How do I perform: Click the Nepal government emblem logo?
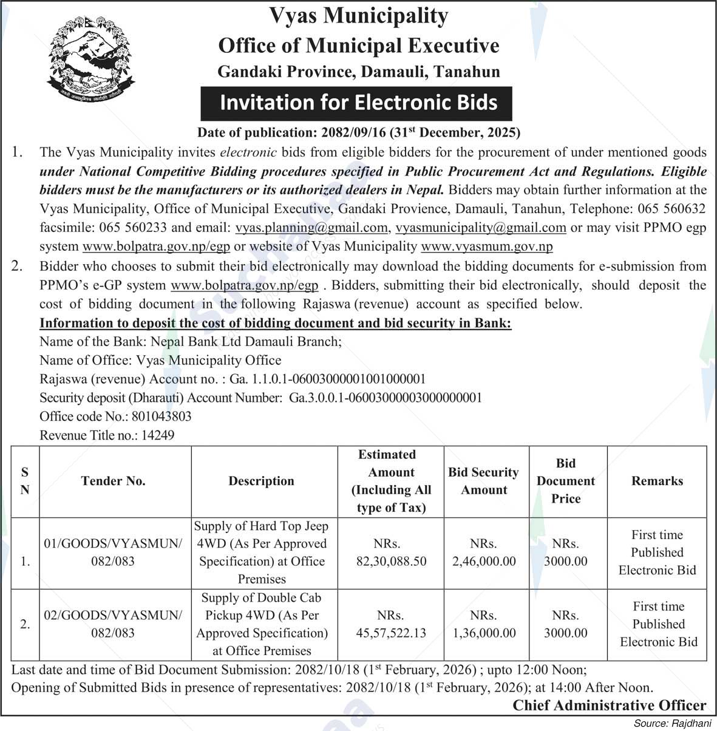(90, 59)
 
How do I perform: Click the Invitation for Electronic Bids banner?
(358, 103)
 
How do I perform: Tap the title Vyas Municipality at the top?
(358, 16)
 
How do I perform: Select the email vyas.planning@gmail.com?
(311, 228)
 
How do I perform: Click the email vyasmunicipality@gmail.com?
(481, 228)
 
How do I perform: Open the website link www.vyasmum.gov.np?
(486, 246)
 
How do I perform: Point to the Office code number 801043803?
(158, 416)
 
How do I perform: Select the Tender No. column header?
(114, 481)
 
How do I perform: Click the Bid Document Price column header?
(566, 481)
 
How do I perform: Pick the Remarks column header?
(657, 481)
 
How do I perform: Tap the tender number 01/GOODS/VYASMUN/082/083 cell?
(113, 552)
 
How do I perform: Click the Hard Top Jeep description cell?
(262, 552)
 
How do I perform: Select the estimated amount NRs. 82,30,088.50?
(391, 552)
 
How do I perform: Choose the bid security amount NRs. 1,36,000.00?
(484, 624)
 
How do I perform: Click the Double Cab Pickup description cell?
(262, 624)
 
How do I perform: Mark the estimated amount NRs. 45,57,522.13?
(391, 624)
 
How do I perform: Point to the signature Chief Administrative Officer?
(610, 705)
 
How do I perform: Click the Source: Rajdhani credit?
(673, 724)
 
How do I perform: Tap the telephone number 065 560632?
(671, 209)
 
